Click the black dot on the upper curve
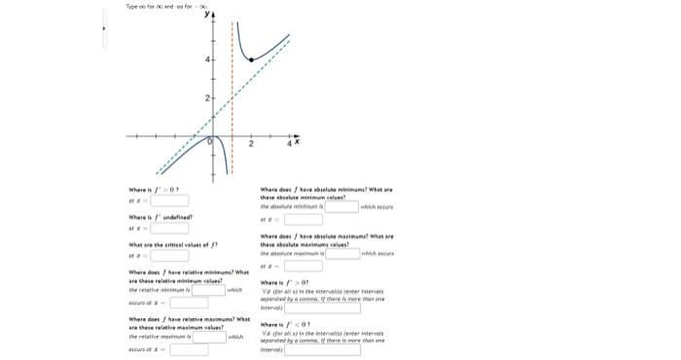253,60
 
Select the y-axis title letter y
206,15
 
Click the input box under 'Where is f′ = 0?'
168,201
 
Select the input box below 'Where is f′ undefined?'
168,229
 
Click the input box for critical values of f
168,256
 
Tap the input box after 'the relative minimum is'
208,290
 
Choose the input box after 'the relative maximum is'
208,337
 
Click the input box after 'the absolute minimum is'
341,206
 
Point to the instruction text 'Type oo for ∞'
142,7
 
